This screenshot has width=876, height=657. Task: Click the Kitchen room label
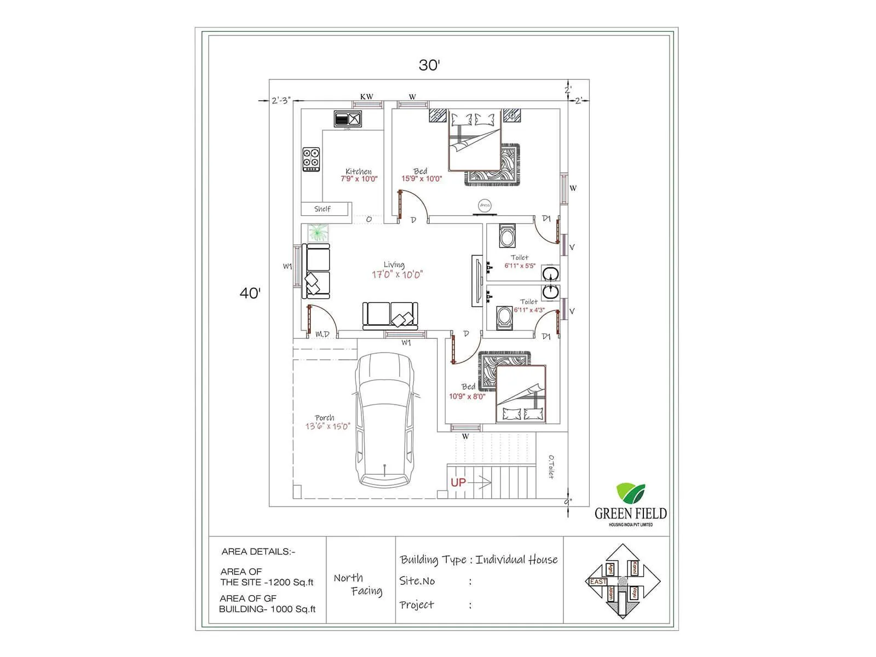point(359,171)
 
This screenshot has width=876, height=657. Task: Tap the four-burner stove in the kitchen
point(311,159)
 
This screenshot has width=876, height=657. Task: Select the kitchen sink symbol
point(348,119)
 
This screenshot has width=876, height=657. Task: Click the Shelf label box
point(322,209)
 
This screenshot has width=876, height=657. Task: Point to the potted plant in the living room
point(318,233)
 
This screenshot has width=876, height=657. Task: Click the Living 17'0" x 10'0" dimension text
point(397,275)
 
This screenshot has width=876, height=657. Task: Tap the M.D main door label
point(322,334)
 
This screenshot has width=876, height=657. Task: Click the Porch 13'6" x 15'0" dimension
point(327,427)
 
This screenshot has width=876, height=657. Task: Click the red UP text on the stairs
point(458,482)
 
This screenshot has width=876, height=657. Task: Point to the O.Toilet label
point(551,467)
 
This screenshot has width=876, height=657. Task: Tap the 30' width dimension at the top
point(429,65)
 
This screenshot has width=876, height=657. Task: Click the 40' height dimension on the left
point(250,293)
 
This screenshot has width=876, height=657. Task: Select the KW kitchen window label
point(366,97)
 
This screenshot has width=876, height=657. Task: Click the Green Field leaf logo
point(631,493)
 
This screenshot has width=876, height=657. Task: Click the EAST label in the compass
point(597,581)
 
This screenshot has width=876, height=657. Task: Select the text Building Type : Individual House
point(479,560)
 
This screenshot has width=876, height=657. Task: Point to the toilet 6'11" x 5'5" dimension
point(520,266)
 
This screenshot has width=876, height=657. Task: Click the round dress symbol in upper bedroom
point(485,205)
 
